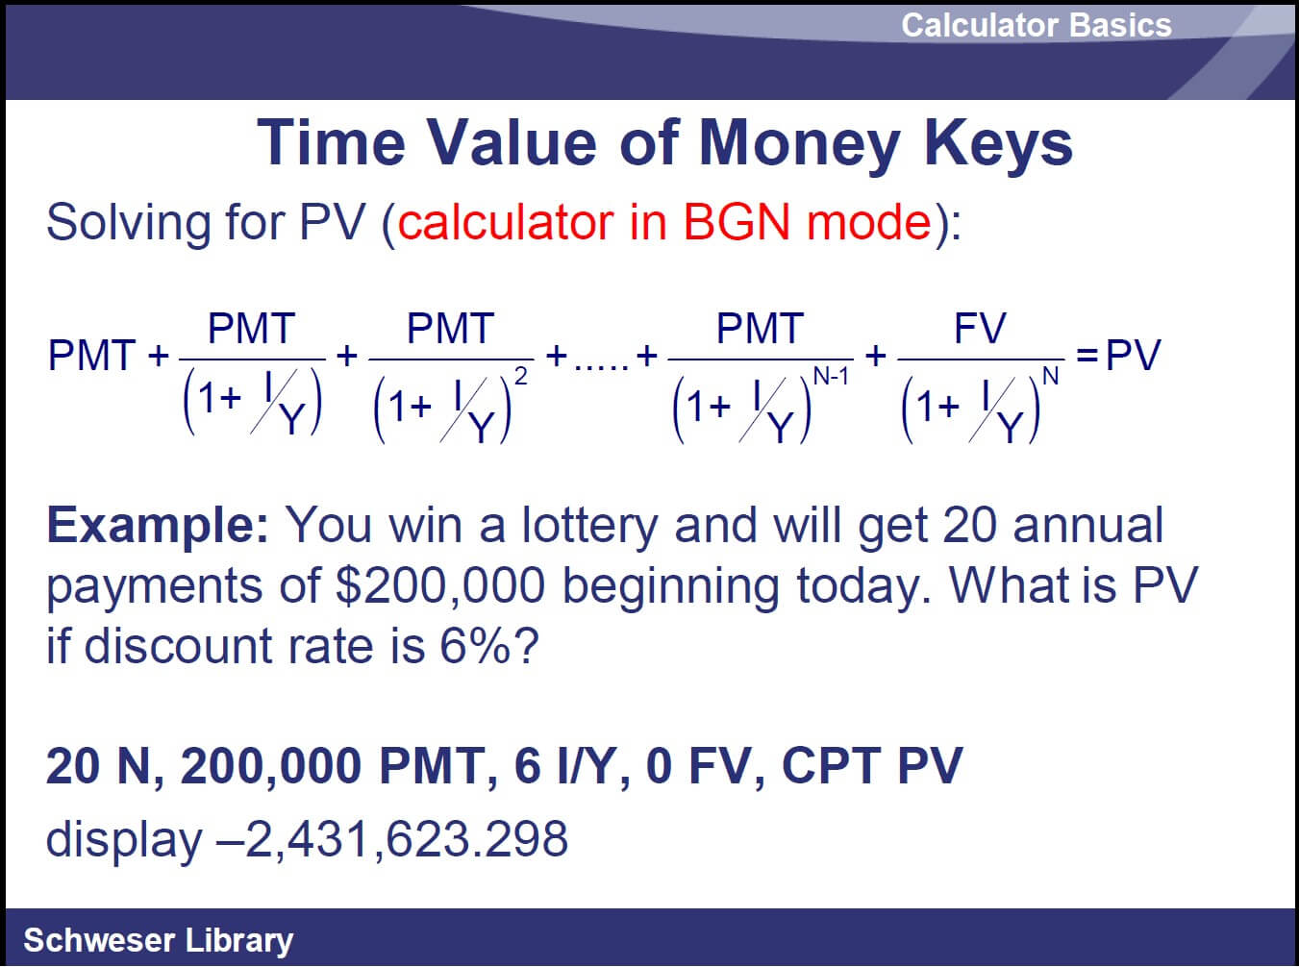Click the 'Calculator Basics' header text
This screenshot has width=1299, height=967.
pos(1037,25)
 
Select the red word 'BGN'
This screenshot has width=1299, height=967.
pos(737,223)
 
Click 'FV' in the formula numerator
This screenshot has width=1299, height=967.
pos(980,329)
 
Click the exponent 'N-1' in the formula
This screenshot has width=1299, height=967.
pos(831,376)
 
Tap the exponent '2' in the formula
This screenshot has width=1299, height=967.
pos(520,376)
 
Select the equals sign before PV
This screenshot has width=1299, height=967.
pos(1087,356)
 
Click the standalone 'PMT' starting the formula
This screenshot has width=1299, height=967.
pos(92,356)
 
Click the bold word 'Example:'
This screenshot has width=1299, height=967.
pos(158,526)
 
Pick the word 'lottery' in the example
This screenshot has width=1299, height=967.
pos(589,526)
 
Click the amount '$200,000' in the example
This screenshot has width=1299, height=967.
pos(440,585)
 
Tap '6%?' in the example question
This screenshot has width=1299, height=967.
pos(489,646)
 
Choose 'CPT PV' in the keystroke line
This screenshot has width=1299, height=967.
pos(872,765)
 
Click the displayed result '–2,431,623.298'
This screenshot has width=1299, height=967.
pos(391,839)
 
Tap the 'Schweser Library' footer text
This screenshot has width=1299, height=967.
pos(158,940)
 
